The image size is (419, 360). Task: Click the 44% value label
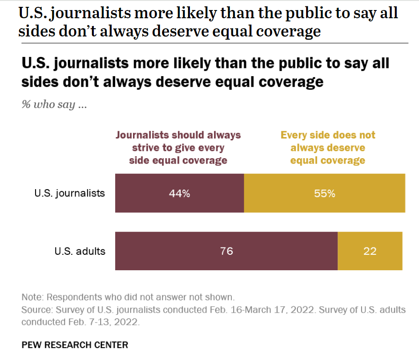coord(179,193)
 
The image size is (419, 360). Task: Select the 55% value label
coord(324,193)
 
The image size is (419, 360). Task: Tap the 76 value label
coord(226,251)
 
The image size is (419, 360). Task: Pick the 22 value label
coord(370,251)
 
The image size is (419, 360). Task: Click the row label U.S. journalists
coord(69,193)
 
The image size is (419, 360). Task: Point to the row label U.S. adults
coord(80,251)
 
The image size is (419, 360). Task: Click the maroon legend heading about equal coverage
coord(178,148)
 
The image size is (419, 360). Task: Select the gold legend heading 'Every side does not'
coord(328,135)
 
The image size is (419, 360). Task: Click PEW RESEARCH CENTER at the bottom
coord(75,345)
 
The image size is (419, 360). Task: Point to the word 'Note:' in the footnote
coord(33,298)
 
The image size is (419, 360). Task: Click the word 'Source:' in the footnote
coord(37,310)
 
